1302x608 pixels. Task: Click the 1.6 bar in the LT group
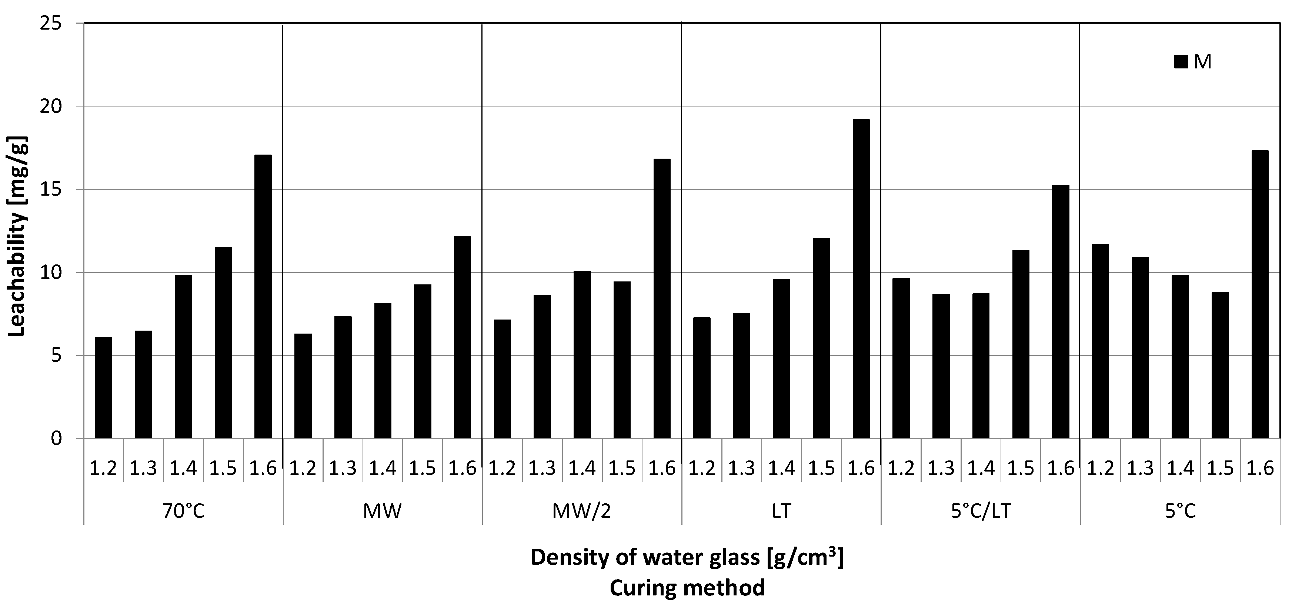point(861,279)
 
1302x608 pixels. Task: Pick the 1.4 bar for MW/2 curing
point(582,355)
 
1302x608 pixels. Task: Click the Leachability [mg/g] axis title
point(18,236)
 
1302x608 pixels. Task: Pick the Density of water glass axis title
point(687,557)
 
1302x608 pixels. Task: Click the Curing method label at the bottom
point(687,588)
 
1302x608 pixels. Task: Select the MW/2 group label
point(582,511)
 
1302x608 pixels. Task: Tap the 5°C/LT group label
point(981,511)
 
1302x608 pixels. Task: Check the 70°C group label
point(183,511)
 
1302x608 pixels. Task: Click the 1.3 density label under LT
point(741,469)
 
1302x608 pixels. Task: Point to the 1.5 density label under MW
point(423,469)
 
